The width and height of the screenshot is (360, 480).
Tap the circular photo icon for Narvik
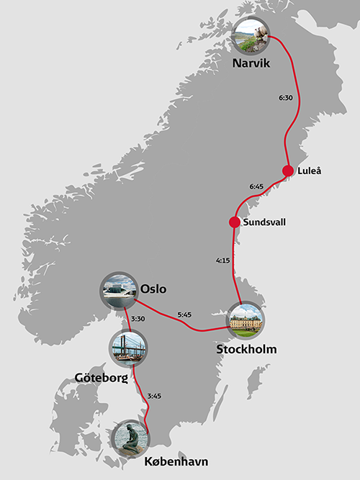click(251, 35)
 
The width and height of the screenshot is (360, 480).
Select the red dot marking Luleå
click(288, 171)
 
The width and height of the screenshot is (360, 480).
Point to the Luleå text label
click(307, 171)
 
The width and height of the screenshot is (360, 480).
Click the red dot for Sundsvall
click(234, 222)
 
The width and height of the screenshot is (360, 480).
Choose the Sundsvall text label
click(264, 222)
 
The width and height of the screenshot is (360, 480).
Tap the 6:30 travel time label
click(285, 96)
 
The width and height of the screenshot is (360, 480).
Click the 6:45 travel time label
click(257, 186)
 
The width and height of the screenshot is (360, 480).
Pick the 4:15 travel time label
click(223, 260)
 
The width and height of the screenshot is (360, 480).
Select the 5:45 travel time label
click(184, 314)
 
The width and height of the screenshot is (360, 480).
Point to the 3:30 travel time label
click(138, 319)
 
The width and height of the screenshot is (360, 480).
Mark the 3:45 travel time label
click(154, 395)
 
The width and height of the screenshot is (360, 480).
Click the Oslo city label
click(153, 289)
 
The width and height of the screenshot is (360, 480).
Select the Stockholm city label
click(246, 350)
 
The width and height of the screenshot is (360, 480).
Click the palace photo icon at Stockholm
click(246, 320)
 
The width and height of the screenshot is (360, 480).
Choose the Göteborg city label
click(102, 377)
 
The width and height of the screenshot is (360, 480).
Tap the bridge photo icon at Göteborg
click(128, 347)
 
